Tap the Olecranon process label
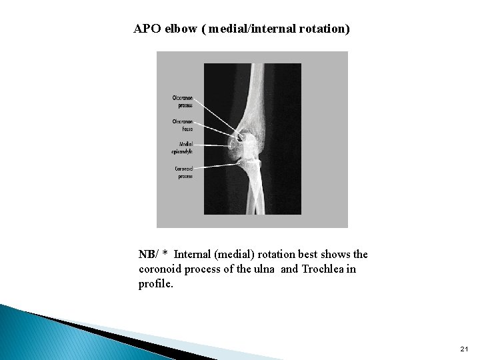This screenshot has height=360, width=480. click(185, 101)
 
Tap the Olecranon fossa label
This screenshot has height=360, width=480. click(185, 125)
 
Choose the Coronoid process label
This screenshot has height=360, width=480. click(184, 172)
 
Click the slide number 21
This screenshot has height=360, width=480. click(464, 349)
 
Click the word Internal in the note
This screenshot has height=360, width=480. click(195, 255)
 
